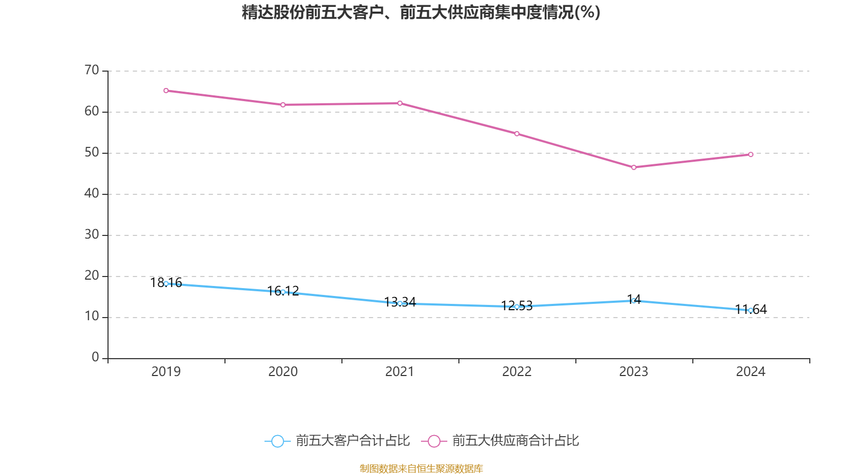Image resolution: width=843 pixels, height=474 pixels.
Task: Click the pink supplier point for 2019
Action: [166, 91]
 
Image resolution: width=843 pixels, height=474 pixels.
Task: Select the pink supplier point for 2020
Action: [283, 105]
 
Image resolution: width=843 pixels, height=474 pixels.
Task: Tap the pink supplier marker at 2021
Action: [400, 103]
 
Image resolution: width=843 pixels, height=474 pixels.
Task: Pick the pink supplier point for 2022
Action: [517, 134]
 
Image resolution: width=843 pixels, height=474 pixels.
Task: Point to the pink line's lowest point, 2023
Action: [634, 167]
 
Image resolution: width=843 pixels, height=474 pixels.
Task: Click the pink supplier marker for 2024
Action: [751, 154]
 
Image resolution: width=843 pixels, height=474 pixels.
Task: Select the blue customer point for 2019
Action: [166, 283]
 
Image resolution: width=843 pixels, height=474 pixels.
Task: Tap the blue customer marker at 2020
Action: [283, 292]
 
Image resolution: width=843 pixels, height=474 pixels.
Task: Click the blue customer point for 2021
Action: [400, 303]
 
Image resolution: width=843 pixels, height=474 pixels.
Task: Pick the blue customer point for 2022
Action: [517, 307]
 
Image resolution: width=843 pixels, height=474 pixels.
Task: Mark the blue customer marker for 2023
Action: [634, 301]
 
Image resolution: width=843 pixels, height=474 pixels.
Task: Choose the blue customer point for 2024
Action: [751, 310]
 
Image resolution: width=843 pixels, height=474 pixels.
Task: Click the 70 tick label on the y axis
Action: [92, 70]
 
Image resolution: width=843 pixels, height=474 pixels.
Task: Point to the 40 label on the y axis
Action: [92, 193]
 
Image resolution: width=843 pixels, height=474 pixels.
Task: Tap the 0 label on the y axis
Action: [95, 358]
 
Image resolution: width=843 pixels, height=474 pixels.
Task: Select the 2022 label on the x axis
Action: [517, 372]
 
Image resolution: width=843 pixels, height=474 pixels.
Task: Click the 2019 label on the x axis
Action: [166, 372]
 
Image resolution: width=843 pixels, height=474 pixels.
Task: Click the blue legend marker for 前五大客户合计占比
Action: [278, 441]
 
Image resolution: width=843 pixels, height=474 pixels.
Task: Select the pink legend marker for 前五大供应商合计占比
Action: [434, 441]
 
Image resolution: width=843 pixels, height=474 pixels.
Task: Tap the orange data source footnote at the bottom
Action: [421, 468]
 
